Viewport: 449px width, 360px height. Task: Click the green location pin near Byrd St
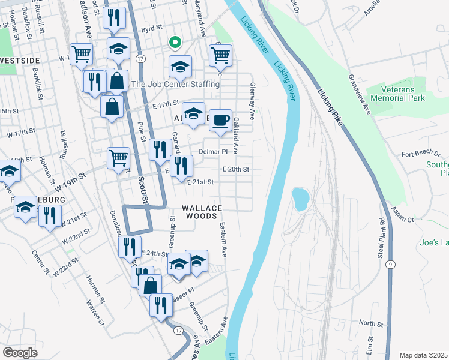pyautogui.click(x=175, y=43)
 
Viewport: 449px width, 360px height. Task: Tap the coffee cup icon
pyautogui.click(x=220, y=119)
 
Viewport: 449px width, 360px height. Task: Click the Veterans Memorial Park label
pyautogui.click(x=399, y=94)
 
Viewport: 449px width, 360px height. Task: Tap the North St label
pyautogui.click(x=370, y=324)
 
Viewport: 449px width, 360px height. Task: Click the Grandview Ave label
pyautogui.click(x=359, y=94)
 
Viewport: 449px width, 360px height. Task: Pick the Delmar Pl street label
pyautogui.click(x=214, y=152)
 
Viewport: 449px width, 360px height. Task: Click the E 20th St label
pyautogui.click(x=235, y=170)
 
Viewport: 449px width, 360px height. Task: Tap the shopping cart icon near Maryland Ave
pyautogui.click(x=220, y=56)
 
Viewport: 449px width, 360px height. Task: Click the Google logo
pyautogui.click(x=20, y=353)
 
